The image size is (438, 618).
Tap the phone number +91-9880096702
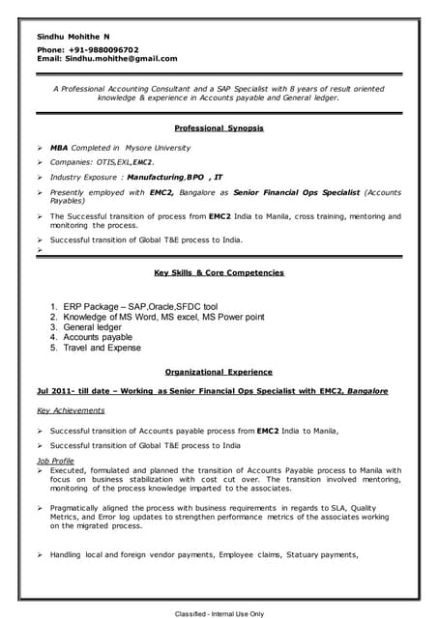pos(103,49)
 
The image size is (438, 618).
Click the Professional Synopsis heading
pos(219,127)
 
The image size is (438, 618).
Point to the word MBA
pos(59,148)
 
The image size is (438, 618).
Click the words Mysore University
pos(157,148)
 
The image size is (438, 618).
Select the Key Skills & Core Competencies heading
pos(219,273)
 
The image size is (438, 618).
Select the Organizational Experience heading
pos(219,372)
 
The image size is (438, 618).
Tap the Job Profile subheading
pos(54,462)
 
